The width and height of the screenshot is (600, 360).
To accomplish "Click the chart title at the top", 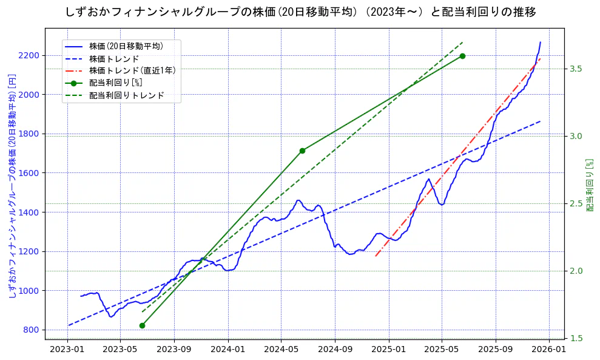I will pos(300,12).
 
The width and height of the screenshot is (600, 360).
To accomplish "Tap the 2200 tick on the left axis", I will pos(30,55).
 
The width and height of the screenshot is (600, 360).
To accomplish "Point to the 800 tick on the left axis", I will pos(32,330).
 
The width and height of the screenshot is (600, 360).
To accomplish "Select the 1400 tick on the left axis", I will pos(30,212).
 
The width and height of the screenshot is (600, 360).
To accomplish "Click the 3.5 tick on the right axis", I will pos(576,69).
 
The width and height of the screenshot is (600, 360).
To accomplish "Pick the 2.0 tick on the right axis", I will pos(576,271).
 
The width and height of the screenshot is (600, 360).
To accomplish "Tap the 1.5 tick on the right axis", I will pos(576,338).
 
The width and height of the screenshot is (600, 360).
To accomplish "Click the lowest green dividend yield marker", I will pos(142,325).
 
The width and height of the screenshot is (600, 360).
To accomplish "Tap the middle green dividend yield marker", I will pos(302,151).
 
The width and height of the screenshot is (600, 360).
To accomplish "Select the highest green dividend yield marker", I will pos(462,56).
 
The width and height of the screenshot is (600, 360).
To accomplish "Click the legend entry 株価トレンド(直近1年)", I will pos(132,70).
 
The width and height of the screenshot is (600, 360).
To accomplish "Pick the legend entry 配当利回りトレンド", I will pos(126,95).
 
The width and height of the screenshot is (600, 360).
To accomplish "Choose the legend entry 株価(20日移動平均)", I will pos(126,46).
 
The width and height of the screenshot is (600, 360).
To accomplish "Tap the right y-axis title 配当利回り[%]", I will pos(589,185).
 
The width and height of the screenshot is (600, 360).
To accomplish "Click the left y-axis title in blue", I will pos(12,185).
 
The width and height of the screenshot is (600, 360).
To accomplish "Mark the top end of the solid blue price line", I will pos(541,42).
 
